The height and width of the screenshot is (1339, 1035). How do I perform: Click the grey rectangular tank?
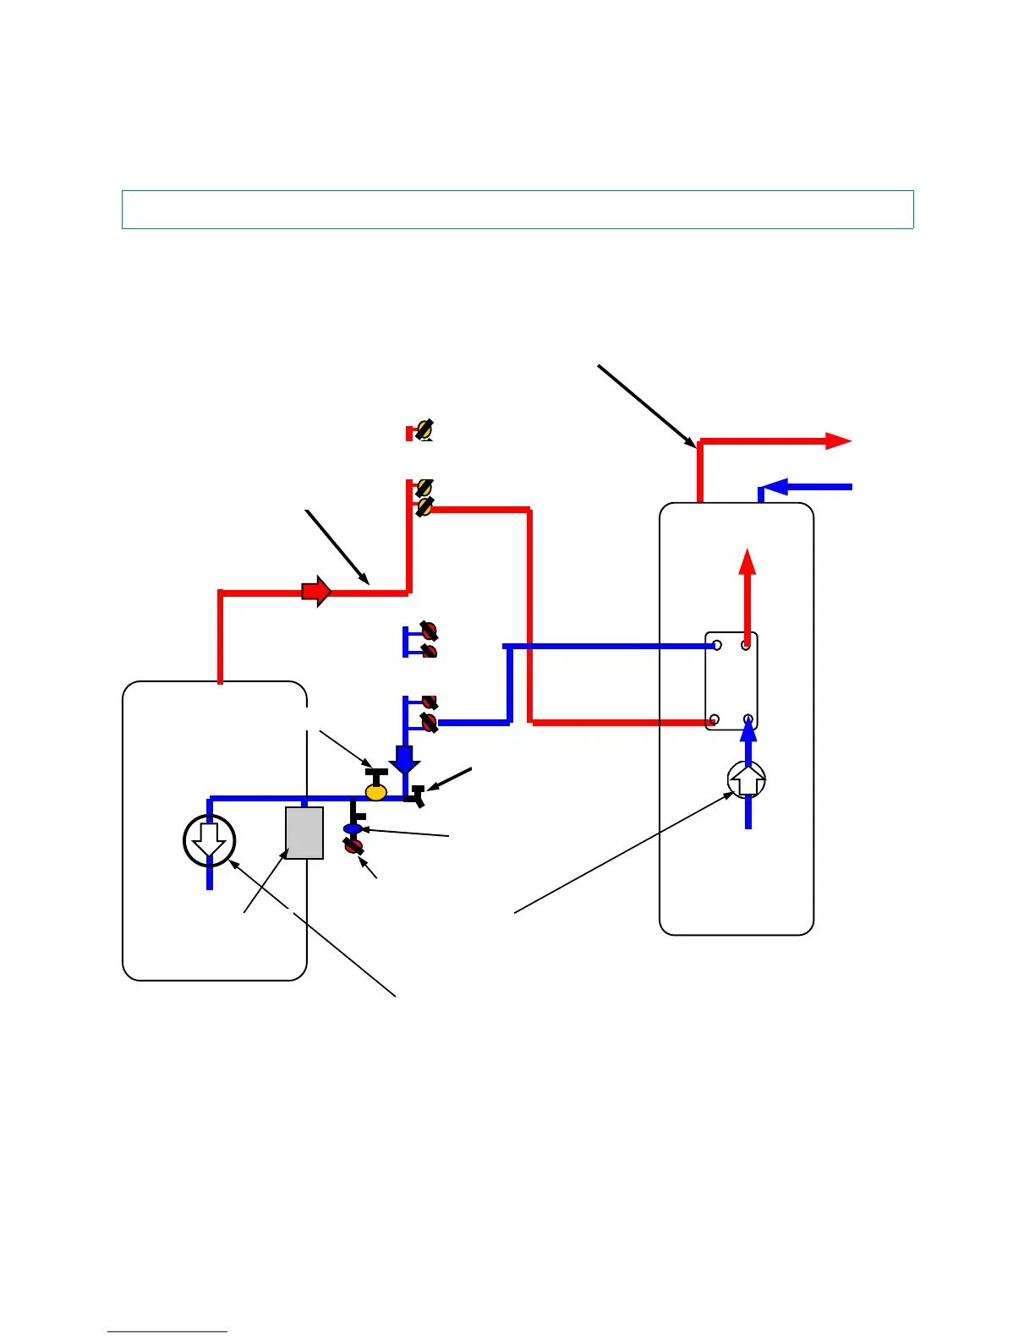[x=304, y=833]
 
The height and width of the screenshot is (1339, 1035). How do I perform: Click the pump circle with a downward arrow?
[x=209, y=840]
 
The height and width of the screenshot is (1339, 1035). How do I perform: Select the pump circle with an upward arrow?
[x=747, y=780]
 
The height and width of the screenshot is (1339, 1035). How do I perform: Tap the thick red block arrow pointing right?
[x=316, y=592]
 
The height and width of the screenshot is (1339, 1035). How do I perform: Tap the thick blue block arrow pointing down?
[x=405, y=759]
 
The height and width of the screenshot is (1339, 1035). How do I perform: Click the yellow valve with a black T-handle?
[x=376, y=790]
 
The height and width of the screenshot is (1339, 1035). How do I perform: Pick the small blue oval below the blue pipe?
[x=353, y=828]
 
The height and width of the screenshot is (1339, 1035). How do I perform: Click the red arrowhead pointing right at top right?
[x=838, y=440]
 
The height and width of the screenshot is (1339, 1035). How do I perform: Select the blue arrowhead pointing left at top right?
[x=776, y=487]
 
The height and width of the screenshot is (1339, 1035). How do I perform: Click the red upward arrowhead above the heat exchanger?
[x=747, y=561]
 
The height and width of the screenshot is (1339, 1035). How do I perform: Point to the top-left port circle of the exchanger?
[x=717, y=645]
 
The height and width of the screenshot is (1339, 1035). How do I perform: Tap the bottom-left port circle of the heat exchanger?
[x=715, y=720]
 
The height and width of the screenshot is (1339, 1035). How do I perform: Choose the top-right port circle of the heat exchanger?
[x=746, y=645]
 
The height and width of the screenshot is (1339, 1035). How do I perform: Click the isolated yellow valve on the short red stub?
[x=424, y=430]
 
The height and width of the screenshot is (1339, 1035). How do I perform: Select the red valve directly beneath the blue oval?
[x=353, y=845]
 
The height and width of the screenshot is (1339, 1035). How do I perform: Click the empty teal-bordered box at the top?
[x=517, y=210]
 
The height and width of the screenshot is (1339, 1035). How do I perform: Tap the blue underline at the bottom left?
[x=167, y=1331]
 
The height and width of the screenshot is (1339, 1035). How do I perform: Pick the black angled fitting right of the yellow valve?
[x=416, y=795]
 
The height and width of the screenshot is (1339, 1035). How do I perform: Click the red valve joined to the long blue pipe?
[x=430, y=723]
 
